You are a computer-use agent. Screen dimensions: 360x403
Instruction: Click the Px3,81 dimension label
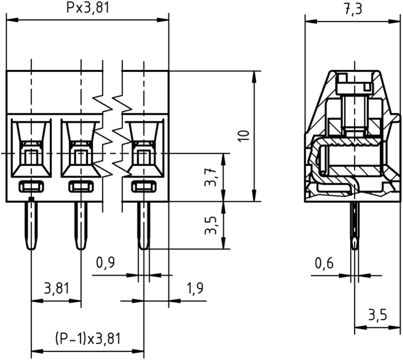pyautogui.click(x=88, y=9)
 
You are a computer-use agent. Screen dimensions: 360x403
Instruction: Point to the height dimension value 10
pyautogui.click(x=243, y=136)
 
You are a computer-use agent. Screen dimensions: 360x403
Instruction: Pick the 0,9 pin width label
pyautogui.click(x=105, y=263)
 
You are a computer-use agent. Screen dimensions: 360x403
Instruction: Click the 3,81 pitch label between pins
pyautogui.click(x=56, y=289)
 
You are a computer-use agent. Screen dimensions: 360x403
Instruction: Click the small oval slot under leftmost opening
pyautogui.click(x=31, y=187)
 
